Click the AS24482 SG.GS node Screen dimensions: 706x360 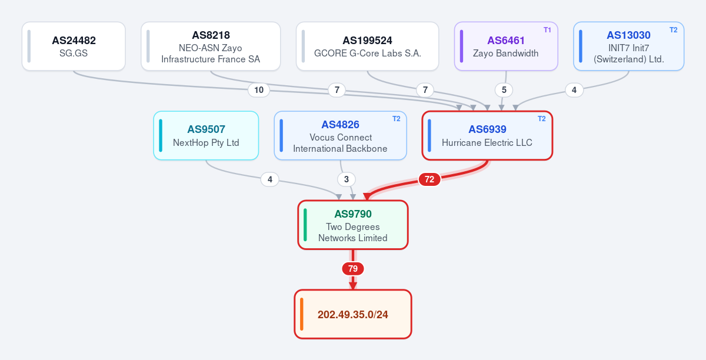tap(74, 46)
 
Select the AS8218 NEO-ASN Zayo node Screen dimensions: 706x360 tap(211, 46)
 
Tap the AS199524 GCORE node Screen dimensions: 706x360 tap(367, 46)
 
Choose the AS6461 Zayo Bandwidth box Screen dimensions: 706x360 tap(506, 46)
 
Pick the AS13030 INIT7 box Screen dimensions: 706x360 tap(628, 46)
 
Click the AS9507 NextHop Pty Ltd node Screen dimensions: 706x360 tap(206, 135)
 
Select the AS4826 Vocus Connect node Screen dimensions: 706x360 tap(340, 135)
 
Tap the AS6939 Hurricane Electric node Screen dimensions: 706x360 tap(487, 135)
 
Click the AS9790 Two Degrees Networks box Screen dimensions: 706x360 tap(352, 225)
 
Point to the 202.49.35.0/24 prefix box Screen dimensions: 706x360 tap(352, 314)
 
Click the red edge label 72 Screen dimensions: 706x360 tap(429, 179)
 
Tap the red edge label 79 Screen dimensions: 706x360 tap(352, 269)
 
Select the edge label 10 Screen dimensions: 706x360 tap(259, 90)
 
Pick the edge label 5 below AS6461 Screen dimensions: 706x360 tap(504, 90)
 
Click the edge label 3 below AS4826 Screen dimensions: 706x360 tap(347, 179)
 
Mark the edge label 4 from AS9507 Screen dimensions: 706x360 tap(270, 179)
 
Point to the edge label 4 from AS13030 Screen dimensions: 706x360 tap(574, 90)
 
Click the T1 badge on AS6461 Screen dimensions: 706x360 tap(547, 30)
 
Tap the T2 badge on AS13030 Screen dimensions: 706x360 tap(673, 30)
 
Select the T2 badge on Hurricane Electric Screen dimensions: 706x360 tap(541, 119)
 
